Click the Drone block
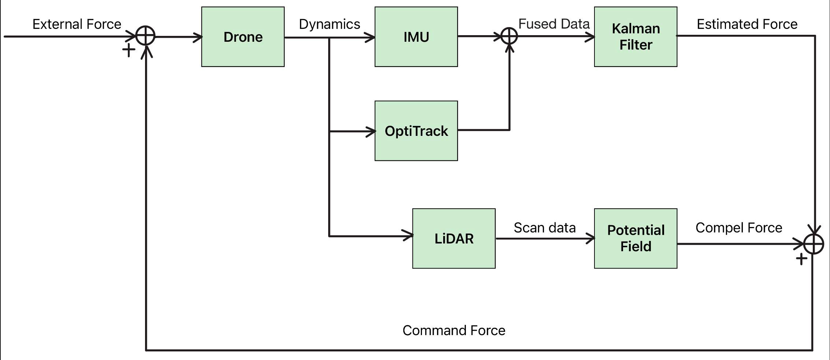(243, 37)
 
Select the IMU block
(416, 37)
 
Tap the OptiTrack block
(416, 131)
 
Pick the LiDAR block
(454, 238)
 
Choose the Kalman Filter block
(636, 37)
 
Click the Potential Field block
(636, 238)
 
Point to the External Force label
(77, 24)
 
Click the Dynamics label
(329, 24)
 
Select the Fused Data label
(554, 24)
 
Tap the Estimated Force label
(747, 24)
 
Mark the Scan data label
(544, 228)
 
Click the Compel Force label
(738, 228)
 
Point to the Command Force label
(454, 330)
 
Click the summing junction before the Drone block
(145, 36)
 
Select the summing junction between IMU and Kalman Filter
(509, 36)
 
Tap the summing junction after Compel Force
(814, 244)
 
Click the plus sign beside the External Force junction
(129, 51)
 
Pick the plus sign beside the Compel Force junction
(801, 259)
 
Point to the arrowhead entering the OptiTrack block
(371, 131)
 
